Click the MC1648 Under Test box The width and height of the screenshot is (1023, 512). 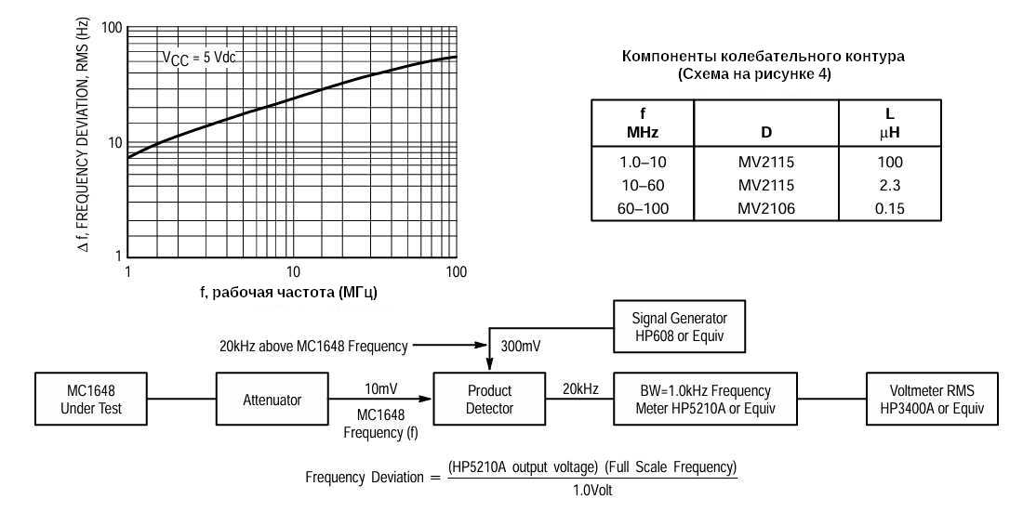(91, 400)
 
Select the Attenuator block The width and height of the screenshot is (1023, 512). (272, 400)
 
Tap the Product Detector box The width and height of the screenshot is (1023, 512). (489, 400)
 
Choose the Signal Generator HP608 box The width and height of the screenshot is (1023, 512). (680, 326)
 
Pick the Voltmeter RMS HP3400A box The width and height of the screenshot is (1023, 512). (931, 400)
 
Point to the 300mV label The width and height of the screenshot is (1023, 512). (521, 347)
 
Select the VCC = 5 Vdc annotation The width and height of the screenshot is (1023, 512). (199, 58)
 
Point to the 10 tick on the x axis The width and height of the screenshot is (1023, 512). (292, 271)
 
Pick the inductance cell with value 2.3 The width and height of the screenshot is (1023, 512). (889, 185)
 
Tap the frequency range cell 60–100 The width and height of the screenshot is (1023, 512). (643, 207)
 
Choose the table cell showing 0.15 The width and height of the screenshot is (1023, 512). (889, 207)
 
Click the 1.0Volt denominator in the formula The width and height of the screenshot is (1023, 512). (591, 490)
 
